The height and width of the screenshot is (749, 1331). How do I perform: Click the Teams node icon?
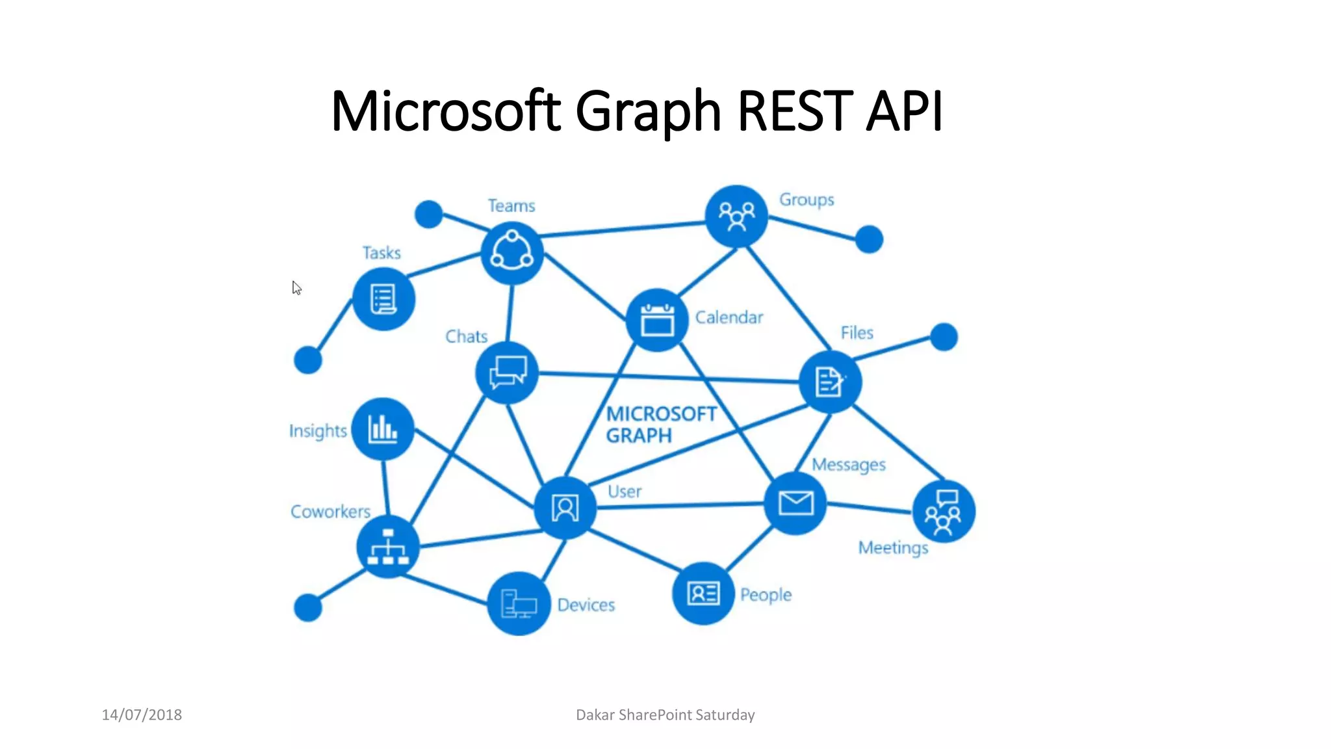point(512,253)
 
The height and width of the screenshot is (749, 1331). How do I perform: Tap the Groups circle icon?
point(736,216)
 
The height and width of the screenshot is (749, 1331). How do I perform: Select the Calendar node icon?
point(657,320)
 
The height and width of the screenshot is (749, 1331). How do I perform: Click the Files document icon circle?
point(830,382)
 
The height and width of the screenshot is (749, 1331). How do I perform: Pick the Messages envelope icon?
point(795,503)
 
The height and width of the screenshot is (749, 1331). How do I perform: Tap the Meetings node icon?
point(944,512)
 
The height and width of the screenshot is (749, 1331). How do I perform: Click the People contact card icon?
point(703,593)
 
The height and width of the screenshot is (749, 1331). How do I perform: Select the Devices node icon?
point(519,604)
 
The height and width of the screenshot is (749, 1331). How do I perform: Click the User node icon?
point(565,508)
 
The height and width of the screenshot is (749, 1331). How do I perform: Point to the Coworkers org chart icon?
point(388,547)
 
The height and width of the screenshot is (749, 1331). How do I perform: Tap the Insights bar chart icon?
point(383,429)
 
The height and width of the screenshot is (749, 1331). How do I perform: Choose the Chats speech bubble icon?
point(507,373)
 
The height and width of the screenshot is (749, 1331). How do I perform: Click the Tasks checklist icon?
point(383,299)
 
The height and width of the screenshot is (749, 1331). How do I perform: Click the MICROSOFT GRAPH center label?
point(660,425)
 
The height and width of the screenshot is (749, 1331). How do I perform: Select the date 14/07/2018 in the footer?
point(142,715)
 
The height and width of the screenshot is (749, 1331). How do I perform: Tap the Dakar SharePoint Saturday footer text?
point(665,715)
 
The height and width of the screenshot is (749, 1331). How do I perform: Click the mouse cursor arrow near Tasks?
point(296,288)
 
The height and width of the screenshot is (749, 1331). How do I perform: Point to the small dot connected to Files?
point(944,337)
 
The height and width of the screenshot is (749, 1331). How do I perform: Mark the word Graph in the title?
point(648,111)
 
